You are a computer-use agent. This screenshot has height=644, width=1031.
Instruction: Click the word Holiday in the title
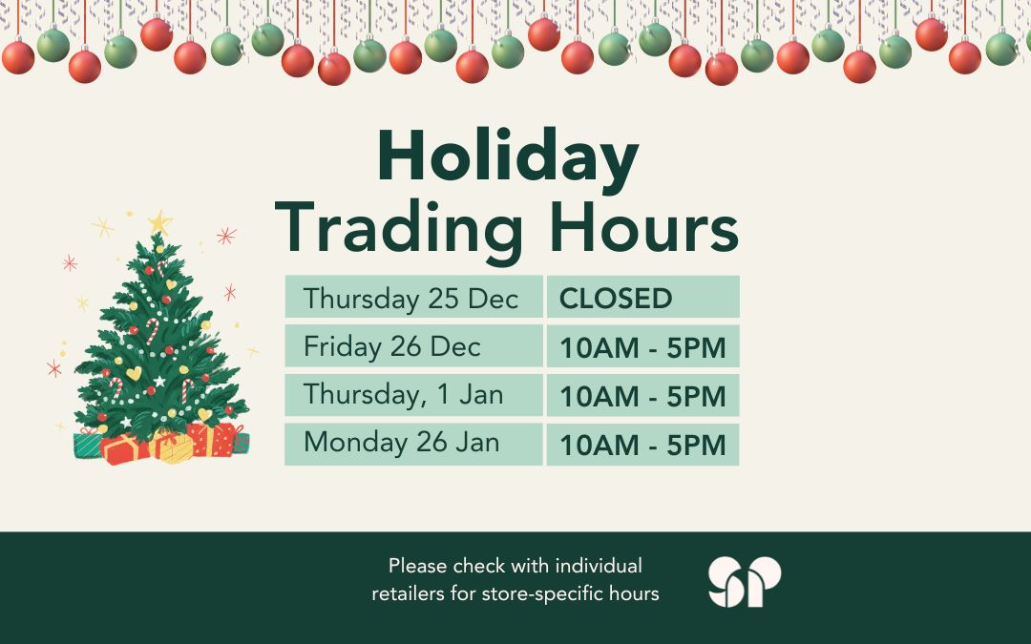507,157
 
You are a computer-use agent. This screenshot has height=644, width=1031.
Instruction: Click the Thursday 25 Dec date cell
413,297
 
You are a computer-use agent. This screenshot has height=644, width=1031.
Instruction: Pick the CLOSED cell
642,297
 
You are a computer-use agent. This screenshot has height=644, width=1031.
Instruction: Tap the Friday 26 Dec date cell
413,346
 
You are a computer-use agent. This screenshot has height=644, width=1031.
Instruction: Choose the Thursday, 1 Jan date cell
413,395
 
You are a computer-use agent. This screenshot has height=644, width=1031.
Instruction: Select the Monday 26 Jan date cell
413,445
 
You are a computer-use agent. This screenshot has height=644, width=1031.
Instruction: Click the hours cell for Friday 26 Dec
642,346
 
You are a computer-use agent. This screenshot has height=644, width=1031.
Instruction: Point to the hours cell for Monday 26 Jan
642,445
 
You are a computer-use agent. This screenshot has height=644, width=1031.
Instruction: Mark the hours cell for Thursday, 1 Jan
642,395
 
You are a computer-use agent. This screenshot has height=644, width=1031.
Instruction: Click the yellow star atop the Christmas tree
159,223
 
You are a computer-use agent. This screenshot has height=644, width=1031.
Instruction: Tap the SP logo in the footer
745,581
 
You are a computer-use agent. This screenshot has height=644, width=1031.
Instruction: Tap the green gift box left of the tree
88,445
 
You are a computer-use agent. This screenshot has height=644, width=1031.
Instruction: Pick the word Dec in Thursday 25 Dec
493,298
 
